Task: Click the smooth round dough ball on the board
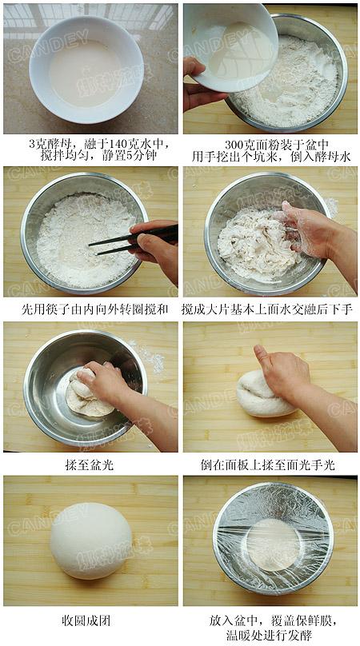click(x=90, y=540)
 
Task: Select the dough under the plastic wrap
click(x=272, y=544)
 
